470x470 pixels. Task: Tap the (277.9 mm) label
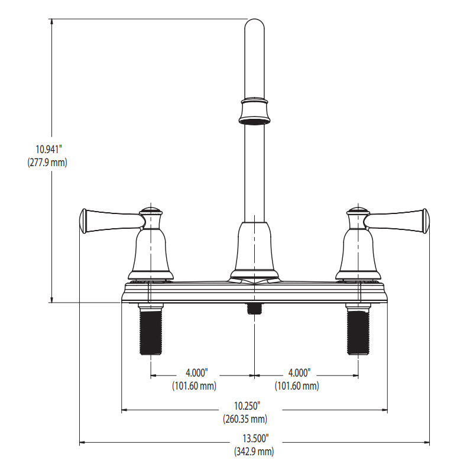coord(47,163)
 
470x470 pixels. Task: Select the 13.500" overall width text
coord(255,438)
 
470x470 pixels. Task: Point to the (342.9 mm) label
coord(254,451)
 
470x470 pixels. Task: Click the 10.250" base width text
coord(247,406)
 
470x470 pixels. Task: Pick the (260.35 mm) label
coord(245,419)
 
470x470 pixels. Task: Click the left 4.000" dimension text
coord(197,373)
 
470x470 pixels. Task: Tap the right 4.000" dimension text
coord(299,373)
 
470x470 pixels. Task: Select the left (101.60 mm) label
coord(195,386)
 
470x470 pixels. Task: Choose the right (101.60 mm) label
coord(297,386)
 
